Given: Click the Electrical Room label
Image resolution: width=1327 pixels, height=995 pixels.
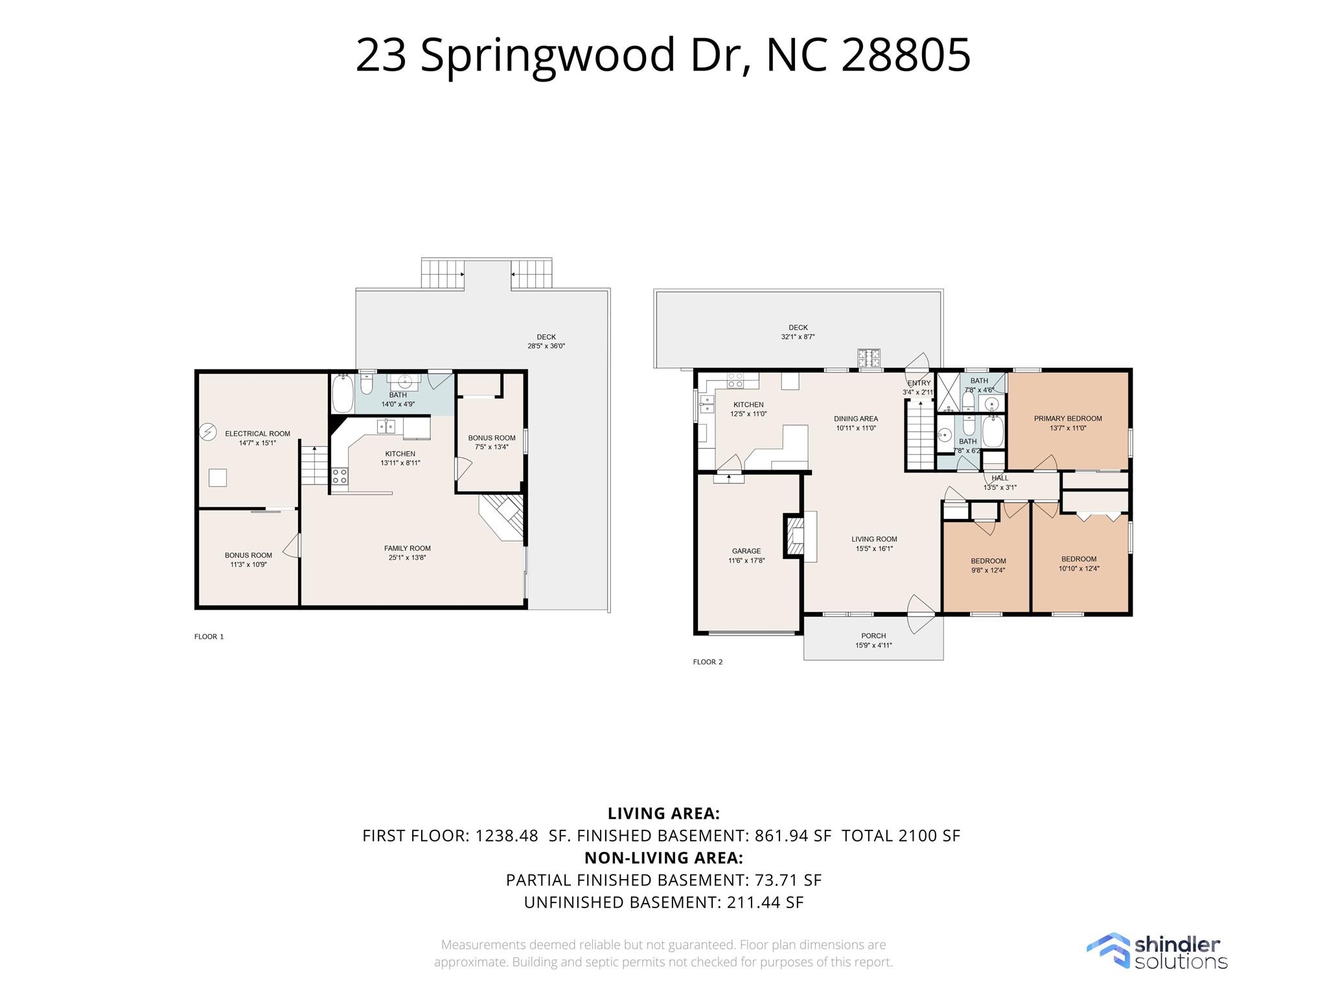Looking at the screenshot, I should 257,434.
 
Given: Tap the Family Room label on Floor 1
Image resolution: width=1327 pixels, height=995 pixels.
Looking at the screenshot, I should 407,549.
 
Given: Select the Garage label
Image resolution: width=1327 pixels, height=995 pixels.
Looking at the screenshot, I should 746,551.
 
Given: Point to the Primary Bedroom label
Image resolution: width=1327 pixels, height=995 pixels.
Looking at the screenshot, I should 1068,418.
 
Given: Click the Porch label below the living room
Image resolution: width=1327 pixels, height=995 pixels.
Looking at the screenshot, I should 873,635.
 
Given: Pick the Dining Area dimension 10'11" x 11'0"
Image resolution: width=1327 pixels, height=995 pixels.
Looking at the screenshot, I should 856,428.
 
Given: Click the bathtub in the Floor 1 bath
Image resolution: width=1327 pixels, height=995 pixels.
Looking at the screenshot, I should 342,393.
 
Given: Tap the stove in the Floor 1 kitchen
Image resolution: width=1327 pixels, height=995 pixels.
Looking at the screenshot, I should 340,477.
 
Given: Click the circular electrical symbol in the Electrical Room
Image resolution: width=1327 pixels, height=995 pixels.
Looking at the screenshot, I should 208,431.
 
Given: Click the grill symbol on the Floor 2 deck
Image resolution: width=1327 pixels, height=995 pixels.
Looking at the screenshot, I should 869,358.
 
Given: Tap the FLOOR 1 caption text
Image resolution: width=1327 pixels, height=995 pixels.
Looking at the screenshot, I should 209,637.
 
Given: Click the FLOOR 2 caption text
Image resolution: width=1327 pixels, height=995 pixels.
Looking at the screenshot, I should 708,662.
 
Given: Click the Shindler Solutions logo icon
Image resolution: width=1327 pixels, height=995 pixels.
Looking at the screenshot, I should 1108,952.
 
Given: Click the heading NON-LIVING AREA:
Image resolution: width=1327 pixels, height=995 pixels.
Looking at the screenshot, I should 663,858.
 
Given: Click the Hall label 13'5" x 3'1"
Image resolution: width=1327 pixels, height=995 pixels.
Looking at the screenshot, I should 1000,483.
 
